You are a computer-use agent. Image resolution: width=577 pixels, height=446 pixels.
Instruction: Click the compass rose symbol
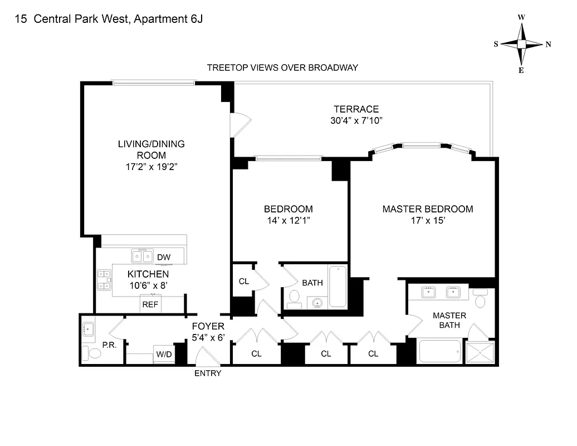[521, 44]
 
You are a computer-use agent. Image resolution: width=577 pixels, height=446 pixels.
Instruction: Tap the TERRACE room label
[356, 109]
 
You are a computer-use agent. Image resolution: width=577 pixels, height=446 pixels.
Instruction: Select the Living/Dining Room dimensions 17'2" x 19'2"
[151, 166]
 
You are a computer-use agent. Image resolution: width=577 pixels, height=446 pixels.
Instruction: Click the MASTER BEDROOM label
[427, 209]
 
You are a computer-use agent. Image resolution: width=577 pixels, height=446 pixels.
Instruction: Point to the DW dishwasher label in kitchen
[163, 257]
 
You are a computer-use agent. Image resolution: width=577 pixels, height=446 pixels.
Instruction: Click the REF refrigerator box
[150, 304]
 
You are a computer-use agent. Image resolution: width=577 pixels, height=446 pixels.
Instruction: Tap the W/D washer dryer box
[163, 354]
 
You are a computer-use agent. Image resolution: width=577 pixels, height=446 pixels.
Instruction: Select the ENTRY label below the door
[207, 373]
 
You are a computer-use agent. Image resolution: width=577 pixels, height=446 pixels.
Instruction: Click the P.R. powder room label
[109, 345]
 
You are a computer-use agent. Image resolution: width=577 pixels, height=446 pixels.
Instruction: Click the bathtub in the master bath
[439, 351]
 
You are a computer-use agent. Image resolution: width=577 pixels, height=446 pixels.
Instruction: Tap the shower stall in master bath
[480, 352]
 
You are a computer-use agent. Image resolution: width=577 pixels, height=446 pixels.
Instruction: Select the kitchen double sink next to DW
[142, 256]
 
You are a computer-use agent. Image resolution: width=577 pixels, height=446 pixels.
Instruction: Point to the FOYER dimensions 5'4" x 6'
[208, 337]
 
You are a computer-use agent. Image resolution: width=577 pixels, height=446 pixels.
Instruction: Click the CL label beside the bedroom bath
[243, 281]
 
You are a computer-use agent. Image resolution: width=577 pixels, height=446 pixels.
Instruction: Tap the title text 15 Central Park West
[109, 20]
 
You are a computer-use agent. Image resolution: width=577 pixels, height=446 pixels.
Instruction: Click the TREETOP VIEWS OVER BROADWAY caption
[282, 67]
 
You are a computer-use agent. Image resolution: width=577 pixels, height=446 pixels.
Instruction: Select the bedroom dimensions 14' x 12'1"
[288, 220]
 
